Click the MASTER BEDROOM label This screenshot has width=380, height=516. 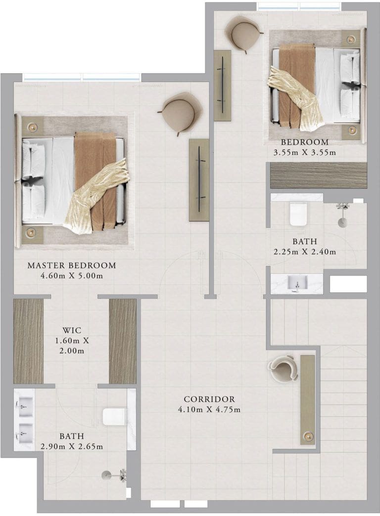72,265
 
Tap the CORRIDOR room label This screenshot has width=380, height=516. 209,399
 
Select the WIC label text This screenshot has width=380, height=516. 72,330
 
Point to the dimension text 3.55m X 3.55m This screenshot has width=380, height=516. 304,153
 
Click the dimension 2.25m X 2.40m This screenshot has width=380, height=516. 304,252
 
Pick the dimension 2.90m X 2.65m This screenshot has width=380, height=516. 72,447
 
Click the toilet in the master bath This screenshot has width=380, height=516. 114,417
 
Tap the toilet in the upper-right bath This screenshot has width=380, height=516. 298,214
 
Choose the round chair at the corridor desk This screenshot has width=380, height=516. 283,368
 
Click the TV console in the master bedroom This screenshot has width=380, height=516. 199,180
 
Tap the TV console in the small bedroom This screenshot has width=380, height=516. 223,85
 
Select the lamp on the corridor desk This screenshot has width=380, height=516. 308,436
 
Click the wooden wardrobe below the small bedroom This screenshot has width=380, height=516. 318,175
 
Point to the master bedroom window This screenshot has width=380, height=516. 82,77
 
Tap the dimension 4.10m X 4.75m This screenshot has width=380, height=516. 209,410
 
